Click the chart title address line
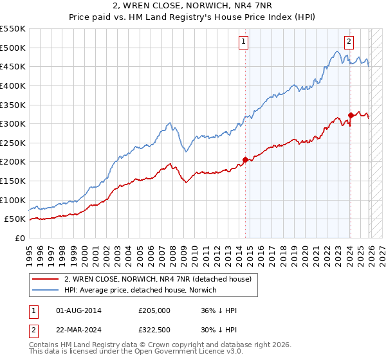(193, 6)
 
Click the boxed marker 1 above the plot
(244, 42)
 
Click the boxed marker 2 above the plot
(349, 42)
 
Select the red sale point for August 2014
(245, 159)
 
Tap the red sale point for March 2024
(351, 115)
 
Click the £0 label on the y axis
(19, 238)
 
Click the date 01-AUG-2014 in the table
(79, 310)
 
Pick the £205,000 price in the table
(154, 310)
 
